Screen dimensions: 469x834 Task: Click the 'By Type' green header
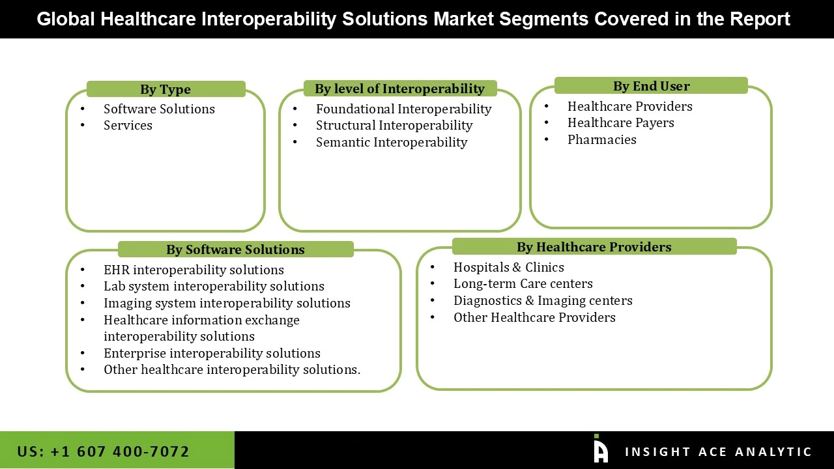(165, 89)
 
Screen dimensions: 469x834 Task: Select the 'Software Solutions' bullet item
(159, 109)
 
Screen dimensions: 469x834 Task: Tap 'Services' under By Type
(128, 125)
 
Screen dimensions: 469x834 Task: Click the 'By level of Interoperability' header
(399, 89)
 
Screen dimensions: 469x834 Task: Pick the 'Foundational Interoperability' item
(403, 109)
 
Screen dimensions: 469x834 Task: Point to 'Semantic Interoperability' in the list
(392, 142)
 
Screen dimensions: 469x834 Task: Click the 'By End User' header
(651, 86)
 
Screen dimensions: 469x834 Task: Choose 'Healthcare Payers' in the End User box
(620, 122)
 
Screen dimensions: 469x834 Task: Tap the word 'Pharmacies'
(601, 139)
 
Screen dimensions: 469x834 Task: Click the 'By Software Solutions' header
(235, 249)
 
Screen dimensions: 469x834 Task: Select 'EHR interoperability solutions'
(194, 270)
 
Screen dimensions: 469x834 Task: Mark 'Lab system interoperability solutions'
(214, 286)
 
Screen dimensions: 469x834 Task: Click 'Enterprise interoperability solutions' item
(212, 353)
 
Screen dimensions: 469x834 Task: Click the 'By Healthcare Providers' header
(594, 247)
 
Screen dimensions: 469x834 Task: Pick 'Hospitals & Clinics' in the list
(508, 267)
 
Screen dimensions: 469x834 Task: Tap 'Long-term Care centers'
(523, 283)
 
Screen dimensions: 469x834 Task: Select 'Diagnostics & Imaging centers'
(543, 300)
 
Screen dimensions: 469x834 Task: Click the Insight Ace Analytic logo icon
(600, 449)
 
